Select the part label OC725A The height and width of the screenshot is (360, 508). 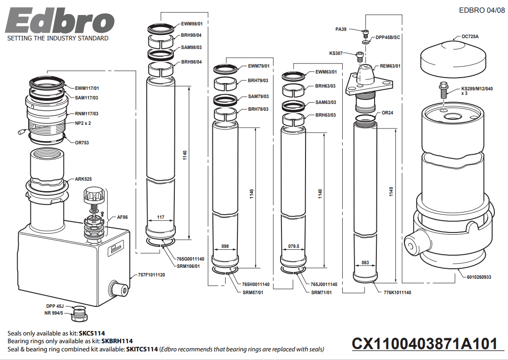click(470, 36)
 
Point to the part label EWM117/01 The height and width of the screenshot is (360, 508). click(87, 88)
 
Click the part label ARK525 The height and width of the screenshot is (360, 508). click(84, 179)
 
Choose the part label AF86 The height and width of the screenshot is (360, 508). click(122, 217)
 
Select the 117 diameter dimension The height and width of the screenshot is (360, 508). click(160, 217)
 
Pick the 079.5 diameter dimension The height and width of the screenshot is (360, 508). click(294, 247)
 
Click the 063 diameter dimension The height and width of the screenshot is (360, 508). click(365, 262)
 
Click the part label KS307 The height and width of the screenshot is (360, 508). click(336, 53)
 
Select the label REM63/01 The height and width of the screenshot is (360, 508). click(390, 66)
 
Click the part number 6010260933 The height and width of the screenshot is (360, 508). click(479, 276)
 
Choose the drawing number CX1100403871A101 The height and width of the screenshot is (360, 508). click(425, 344)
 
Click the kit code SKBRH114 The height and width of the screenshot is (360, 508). click(117, 341)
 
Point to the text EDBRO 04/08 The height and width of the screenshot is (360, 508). click(482, 10)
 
